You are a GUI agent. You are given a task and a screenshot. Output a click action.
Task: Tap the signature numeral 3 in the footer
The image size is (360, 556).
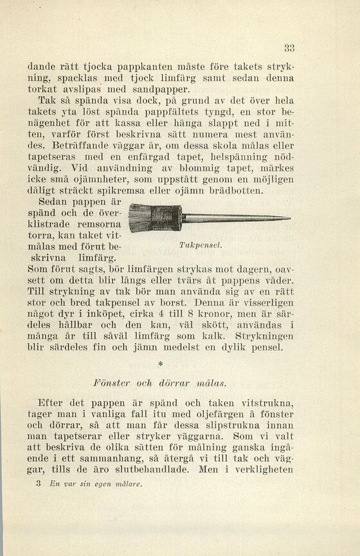point(39,483)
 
